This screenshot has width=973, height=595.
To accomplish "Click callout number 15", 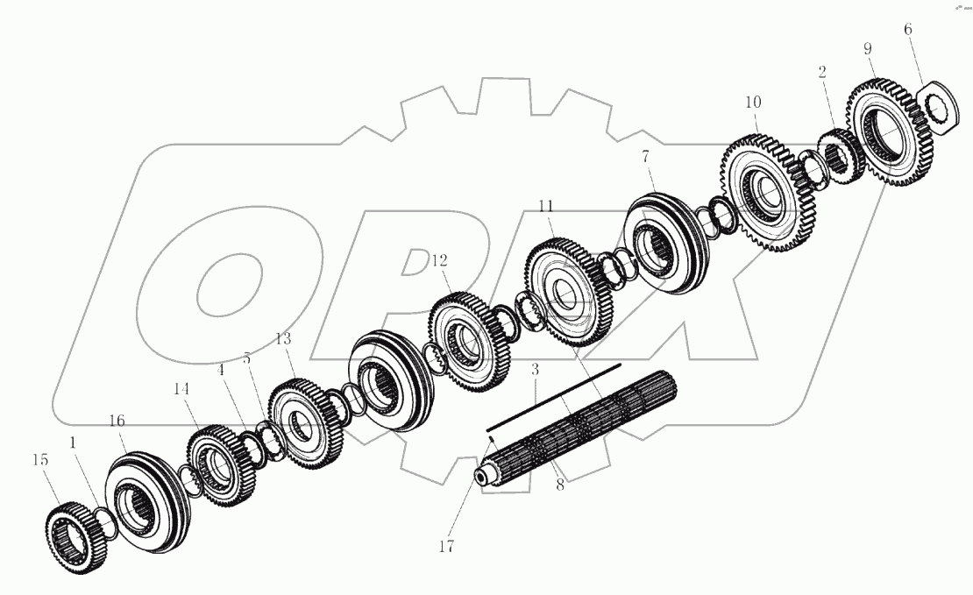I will coord(40,460).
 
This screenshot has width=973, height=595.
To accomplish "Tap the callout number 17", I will coord(446,546).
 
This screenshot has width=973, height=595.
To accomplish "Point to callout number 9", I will coord(868,49).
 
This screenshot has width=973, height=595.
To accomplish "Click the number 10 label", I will coord(753,102).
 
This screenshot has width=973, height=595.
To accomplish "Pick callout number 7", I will coord(646,157).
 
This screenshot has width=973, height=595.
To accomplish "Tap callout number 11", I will coord(546,206).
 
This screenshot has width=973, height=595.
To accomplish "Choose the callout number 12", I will coord(438,260).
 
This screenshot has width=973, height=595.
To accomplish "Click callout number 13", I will coord(282,338).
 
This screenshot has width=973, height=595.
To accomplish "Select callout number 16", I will coord(117,421).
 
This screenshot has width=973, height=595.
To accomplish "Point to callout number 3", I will coord(536,371).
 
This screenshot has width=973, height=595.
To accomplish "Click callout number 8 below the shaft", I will coord(559,484).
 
